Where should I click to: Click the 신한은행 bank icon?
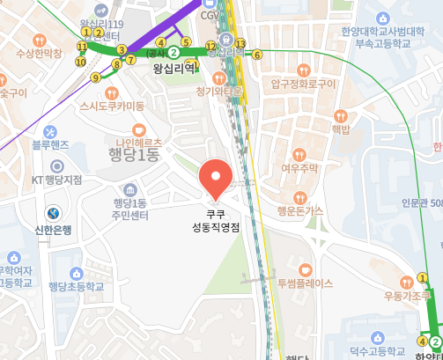54,213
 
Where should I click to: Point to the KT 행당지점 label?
56,180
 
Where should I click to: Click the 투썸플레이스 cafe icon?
306,268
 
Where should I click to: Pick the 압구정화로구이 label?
303,84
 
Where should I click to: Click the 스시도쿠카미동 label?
112,106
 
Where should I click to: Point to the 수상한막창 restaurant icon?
38,40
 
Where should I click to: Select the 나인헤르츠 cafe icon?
137,128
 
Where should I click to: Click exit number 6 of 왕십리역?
257,55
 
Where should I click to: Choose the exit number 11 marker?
82,47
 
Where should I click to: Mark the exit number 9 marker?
95,77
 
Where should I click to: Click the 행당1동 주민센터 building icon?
130,190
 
